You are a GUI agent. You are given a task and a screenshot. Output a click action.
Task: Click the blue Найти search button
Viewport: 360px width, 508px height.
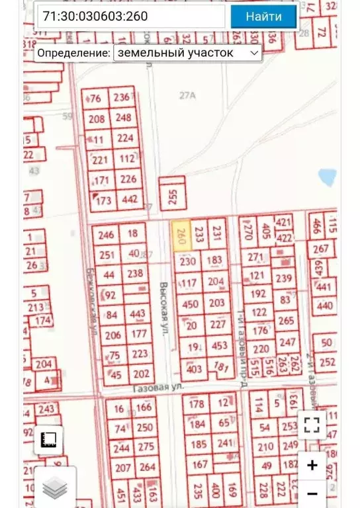click(x=263, y=17)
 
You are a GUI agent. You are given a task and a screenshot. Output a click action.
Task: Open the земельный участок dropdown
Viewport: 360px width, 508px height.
click(x=188, y=53)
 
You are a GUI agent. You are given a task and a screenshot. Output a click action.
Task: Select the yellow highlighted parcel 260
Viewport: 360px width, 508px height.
click(x=181, y=235)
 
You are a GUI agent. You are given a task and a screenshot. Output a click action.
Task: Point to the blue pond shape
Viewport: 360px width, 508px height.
click(x=327, y=177)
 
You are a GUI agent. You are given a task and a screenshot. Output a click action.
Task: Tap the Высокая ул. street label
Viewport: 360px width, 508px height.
click(x=164, y=308)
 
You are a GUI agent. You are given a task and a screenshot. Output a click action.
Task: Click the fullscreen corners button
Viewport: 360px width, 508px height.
click(x=312, y=425)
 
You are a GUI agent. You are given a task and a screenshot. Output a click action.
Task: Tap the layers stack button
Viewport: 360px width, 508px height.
click(x=55, y=488)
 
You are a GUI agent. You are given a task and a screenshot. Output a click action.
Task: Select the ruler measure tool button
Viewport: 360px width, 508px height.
click(x=48, y=440)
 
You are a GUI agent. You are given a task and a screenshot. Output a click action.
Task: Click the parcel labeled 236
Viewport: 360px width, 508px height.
click(x=122, y=98)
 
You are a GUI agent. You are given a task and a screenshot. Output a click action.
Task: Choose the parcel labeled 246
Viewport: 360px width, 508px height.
click(x=106, y=235)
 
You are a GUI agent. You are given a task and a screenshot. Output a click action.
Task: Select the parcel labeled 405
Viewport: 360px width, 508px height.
click(x=267, y=231)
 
